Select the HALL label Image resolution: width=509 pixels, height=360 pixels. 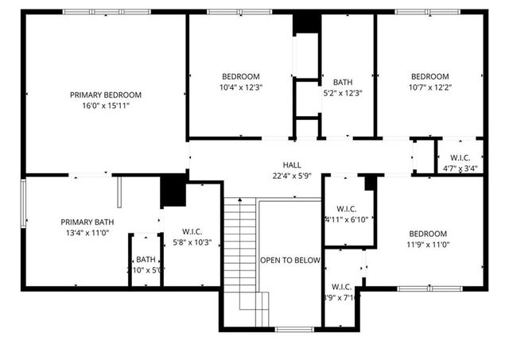pos(292,142)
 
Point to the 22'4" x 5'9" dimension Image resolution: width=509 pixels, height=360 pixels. pos(292,154)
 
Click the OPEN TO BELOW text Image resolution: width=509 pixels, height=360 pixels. pos(290,260)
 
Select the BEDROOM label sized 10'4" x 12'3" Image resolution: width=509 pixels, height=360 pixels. pos(239,76)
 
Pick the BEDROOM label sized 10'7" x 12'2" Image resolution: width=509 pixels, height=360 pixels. pos(429,76)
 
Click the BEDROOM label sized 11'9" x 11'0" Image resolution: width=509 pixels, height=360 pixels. pos(428,234)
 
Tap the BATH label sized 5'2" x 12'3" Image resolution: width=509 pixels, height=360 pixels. pos(343,82)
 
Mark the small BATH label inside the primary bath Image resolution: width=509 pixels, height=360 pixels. pos(146,259)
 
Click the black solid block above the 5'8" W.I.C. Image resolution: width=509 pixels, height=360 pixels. pos(173,191)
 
